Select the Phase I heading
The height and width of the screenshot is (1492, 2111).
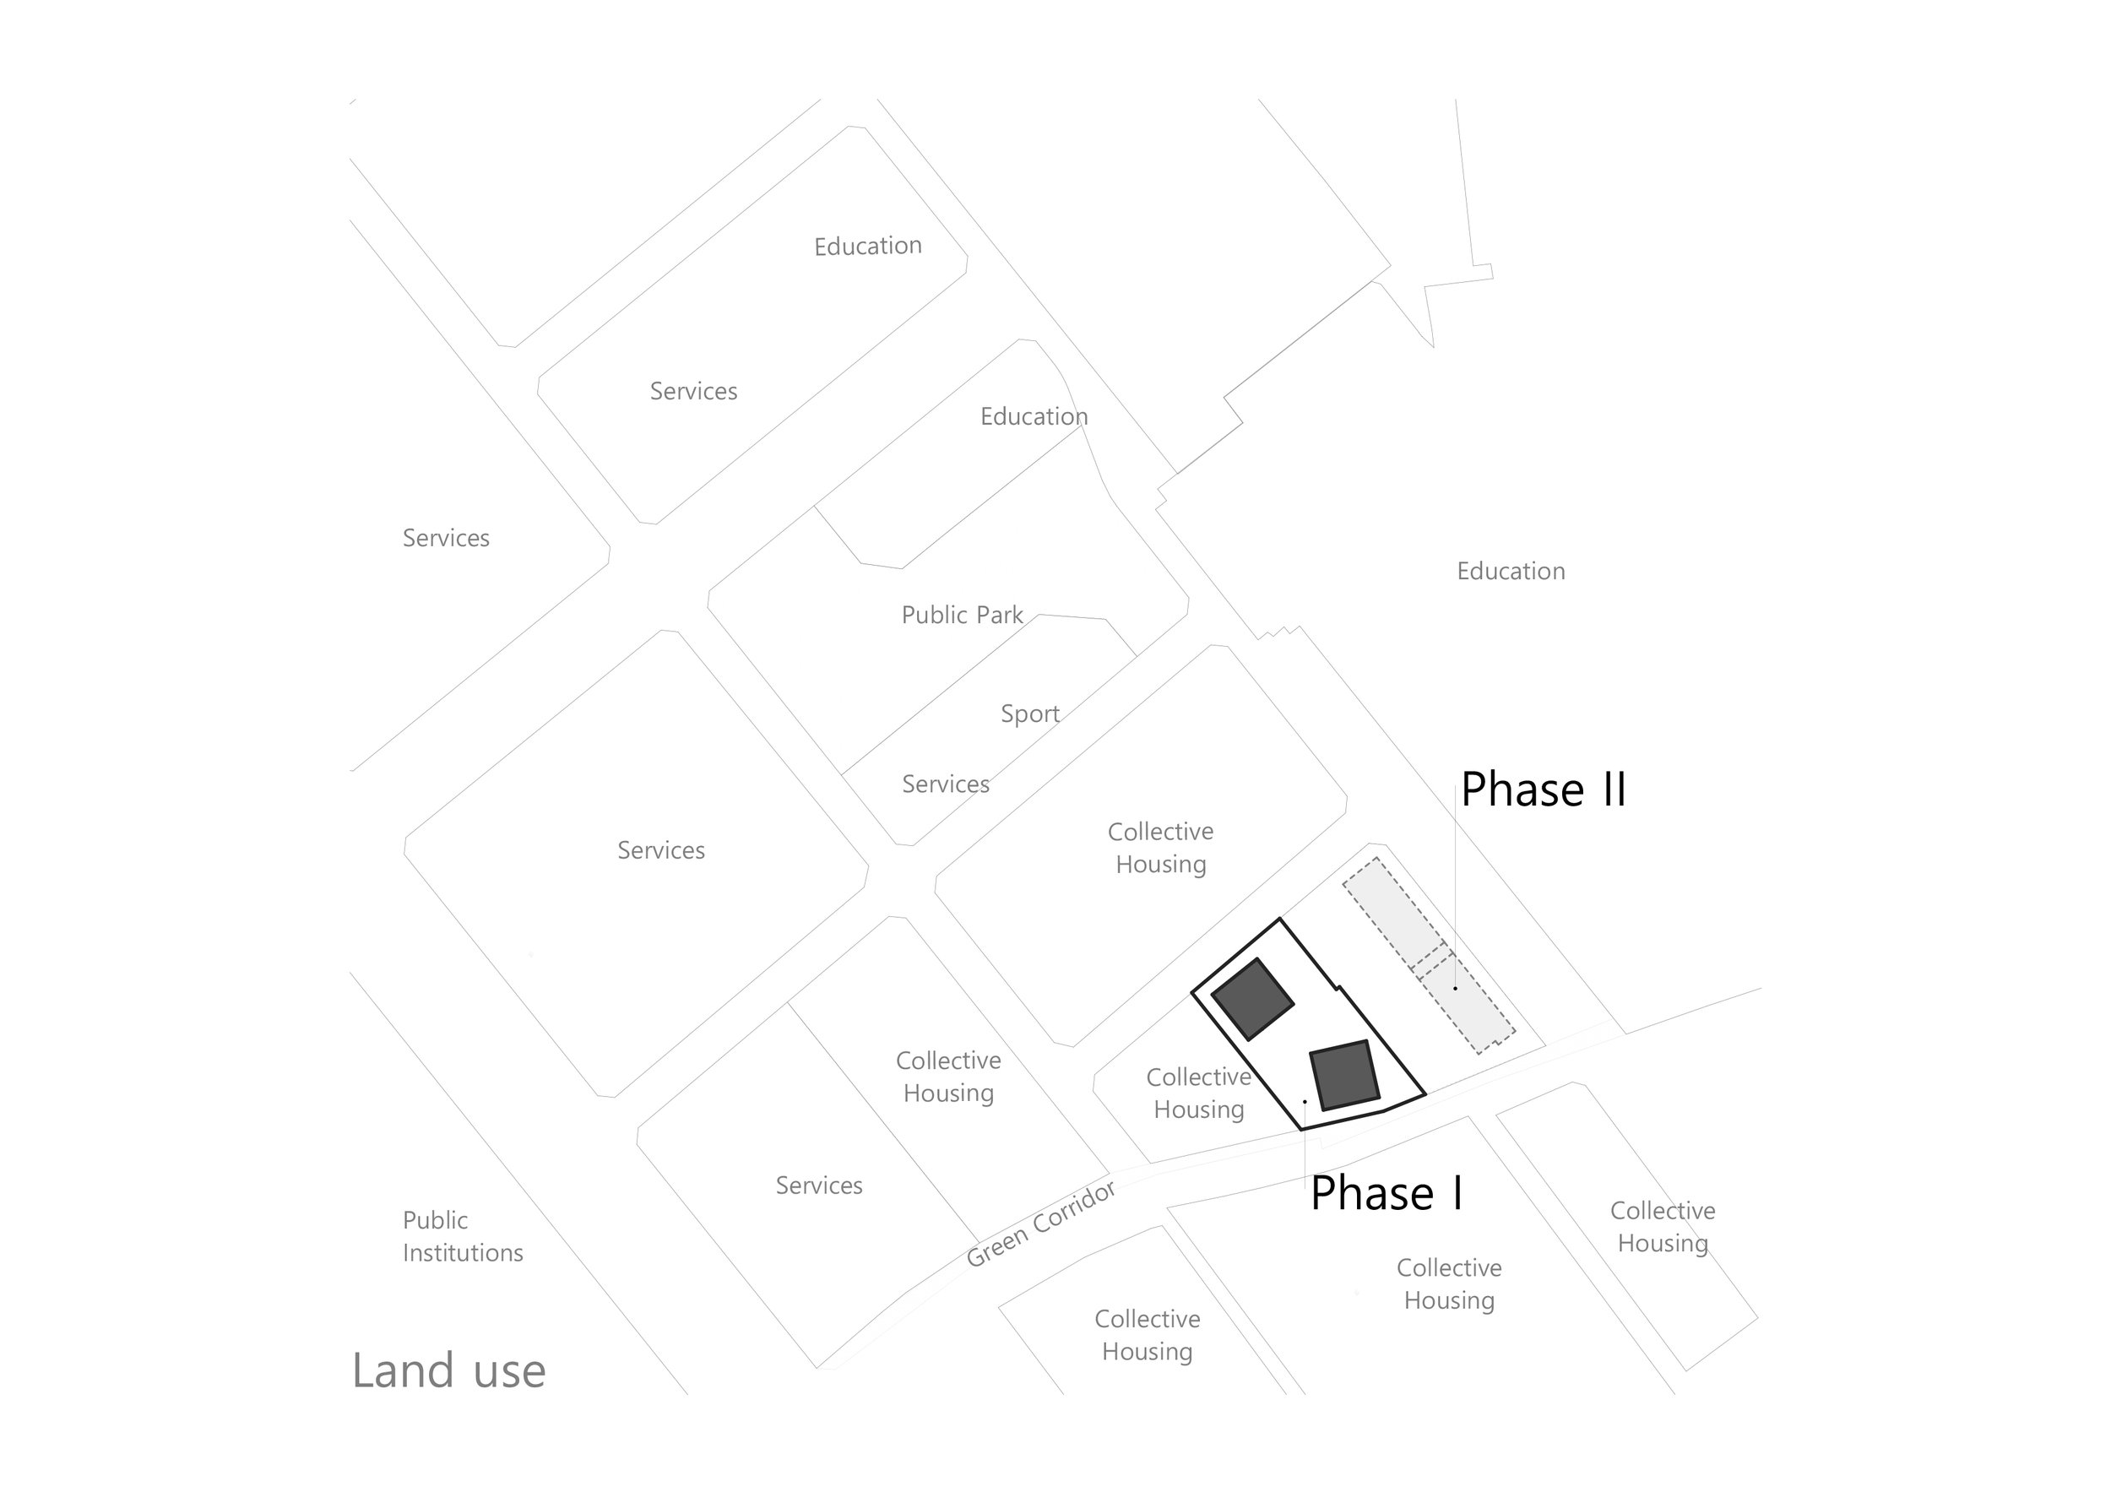[1387, 1192]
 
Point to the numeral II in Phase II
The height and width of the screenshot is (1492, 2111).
[1614, 789]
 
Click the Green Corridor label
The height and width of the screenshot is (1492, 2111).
[1042, 1223]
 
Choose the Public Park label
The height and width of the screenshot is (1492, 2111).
[962, 614]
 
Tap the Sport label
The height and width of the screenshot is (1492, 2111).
[1030, 714]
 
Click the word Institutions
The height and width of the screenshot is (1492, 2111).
[463, 1252]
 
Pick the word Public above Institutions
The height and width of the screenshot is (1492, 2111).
[435, 1220]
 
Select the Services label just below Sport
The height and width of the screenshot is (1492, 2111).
[945, 784]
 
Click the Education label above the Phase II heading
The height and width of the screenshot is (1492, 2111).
[1511, 571]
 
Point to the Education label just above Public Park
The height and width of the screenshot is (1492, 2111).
[1034, 416]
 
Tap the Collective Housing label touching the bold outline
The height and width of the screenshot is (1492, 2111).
[1199, 1093]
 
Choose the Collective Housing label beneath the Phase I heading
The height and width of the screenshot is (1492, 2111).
[1449, 1283]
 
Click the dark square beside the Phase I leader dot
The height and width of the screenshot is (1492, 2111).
[1344, 1076]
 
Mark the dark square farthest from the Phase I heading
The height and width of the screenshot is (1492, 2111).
[1252, 999]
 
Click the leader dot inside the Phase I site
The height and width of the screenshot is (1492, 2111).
[1305, 1101]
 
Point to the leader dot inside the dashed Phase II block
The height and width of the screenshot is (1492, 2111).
[1456, 988]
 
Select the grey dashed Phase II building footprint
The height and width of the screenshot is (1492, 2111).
[1429, 956]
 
